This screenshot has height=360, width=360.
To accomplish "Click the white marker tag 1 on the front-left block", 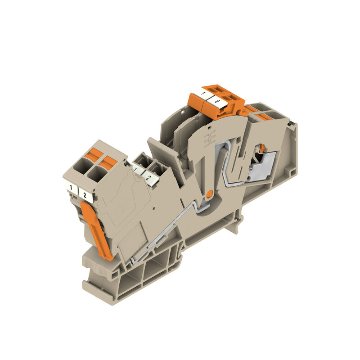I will point(71,186).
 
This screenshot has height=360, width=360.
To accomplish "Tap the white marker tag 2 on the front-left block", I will point(85,195).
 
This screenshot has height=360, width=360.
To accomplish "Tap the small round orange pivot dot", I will point(209,193).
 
